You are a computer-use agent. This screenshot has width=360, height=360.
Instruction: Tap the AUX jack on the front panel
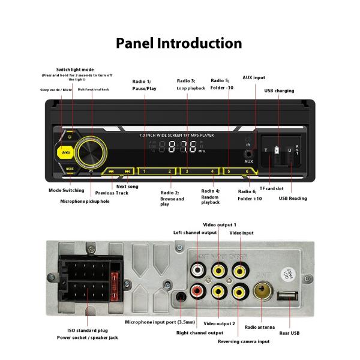(248, 154)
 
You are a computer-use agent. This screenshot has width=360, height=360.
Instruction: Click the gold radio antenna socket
(262, 293)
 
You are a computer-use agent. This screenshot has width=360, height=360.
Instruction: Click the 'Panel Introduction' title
(179, 43)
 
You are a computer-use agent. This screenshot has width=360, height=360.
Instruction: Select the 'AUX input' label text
(253, 77)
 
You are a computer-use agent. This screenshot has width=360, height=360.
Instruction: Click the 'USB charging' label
(279, 91)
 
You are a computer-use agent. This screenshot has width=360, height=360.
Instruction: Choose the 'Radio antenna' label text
(260, 327)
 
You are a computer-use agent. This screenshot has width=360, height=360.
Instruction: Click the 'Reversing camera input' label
(244, 341)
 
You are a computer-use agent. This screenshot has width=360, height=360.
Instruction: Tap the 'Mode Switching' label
(66, 190)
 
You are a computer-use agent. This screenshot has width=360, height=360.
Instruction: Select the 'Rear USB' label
(290, 333)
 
